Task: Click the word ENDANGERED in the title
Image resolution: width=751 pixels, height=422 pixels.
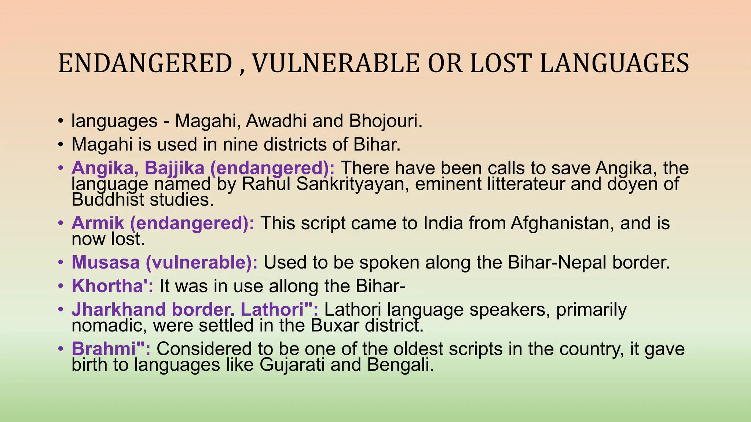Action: click(x=145, y=63)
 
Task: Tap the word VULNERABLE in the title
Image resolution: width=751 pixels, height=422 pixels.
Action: click(x=336, y=63)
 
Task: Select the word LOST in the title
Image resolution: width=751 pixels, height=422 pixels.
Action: click(x=501, y=63)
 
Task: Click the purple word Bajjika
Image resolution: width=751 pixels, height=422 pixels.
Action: click(x=174, y=168)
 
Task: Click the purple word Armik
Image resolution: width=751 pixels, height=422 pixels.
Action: click(x=98, y=223)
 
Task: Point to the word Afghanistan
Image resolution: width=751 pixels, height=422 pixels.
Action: click(x=560, y=223)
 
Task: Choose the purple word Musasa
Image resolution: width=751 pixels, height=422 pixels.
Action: click(x=106, y=262)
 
